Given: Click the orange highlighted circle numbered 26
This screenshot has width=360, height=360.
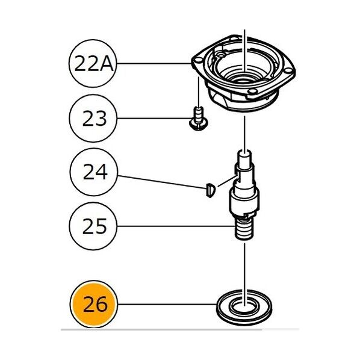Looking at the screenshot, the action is pyautogui.click(x=94, y=304).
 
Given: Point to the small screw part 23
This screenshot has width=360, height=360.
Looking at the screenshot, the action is pyautogui.click(x=199, y=118).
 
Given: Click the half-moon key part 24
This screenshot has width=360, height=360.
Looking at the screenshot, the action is pyautogui.click(x=211, y=190).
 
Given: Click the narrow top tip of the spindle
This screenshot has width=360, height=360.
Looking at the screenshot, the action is pyautogui.click(x=245, y=156).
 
